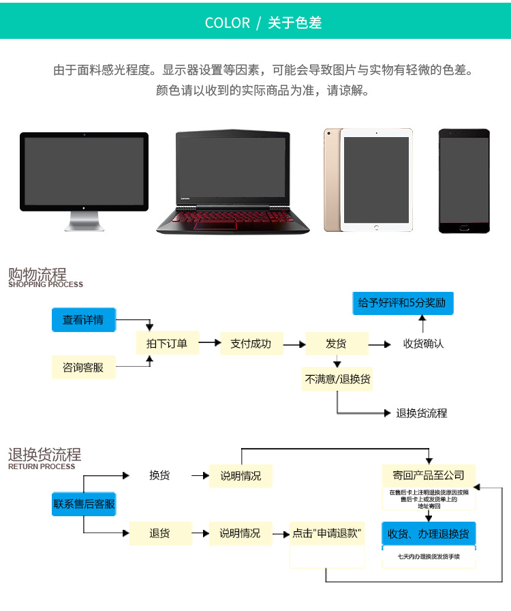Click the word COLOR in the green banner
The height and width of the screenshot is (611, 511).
point(227,23)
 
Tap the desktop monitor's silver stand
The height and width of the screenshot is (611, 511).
point(84,221)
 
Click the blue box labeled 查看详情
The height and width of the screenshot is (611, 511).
point(83,320)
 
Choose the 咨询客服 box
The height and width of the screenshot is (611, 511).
point(83,367)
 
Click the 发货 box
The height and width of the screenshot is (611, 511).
point(337,344)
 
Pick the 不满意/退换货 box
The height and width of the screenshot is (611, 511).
point(337,379)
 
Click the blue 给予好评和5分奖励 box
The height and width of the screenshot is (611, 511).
point(402,302)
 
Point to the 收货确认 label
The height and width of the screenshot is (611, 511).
point(423,344)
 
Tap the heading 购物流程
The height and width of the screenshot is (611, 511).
point(37,274)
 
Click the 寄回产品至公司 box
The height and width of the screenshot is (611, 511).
point(428,475)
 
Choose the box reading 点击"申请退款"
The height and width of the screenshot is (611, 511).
point(326,533)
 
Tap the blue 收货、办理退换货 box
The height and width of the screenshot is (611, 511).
point(428,533)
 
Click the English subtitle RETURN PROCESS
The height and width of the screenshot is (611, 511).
point(42,466)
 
